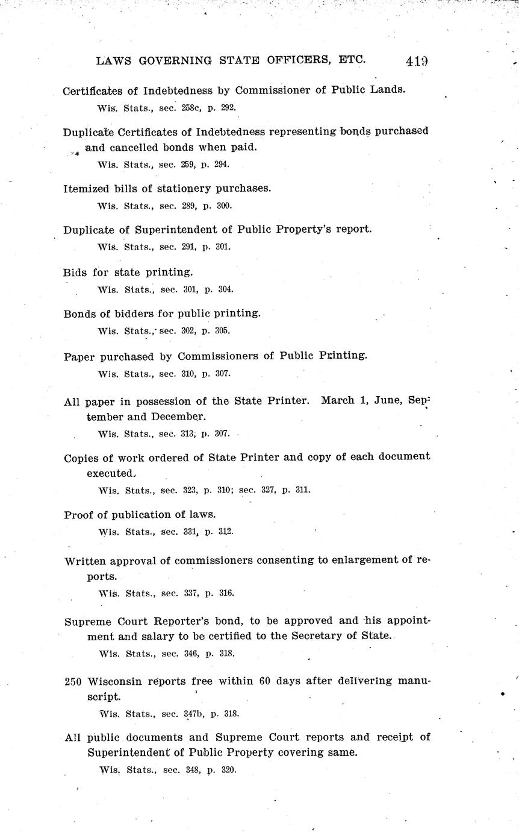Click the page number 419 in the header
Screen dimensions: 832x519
click(x=417, y=61)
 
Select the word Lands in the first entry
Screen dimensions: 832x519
click(x=388, y=90)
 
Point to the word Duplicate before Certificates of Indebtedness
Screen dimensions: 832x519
click(x=89, y=131)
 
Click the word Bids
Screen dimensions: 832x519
click(x=76, y=272)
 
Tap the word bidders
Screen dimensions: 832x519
click(x=136, y=313)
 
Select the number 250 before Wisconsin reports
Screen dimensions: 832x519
click(x=73, y=681)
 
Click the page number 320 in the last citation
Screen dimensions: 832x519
click(x=228, y=770)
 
